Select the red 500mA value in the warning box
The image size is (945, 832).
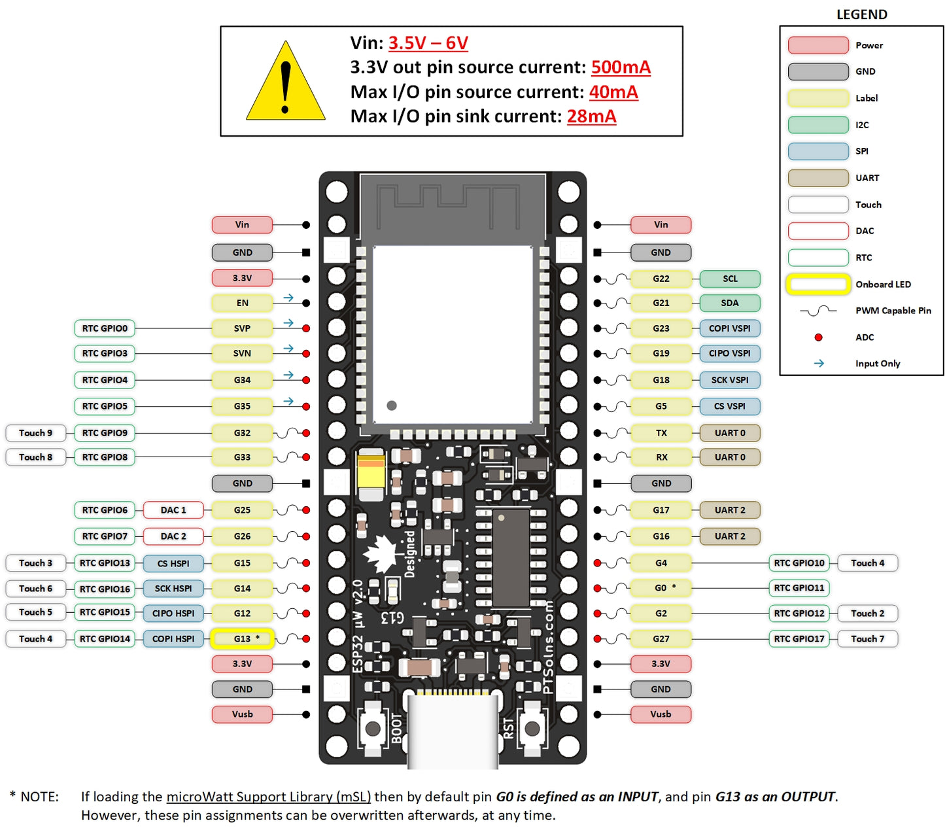pos(621,67)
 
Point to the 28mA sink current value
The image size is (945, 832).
pos(591,116)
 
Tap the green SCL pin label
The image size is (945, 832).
pos(730,279)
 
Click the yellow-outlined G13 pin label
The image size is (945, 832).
pos(242,639)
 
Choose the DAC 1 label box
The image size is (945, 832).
pos(173,510)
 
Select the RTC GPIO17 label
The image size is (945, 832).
pos(799,639)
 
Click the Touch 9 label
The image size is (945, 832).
pos(35,433)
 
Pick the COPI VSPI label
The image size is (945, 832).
pos(730,328)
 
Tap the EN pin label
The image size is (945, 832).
pos(242,303)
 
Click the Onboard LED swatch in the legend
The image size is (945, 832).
pos(818,285)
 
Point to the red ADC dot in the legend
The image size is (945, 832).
pos(818,338)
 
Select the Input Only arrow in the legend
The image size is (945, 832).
pos(819,364)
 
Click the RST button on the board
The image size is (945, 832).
pos(532,728)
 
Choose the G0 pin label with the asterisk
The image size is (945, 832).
pos(661,588)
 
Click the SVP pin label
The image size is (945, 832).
pos(242,328)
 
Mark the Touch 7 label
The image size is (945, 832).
pos(867,639)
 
